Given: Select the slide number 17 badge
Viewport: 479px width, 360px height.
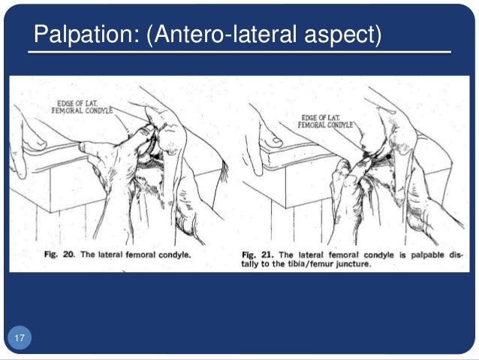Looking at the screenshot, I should (20, 339).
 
